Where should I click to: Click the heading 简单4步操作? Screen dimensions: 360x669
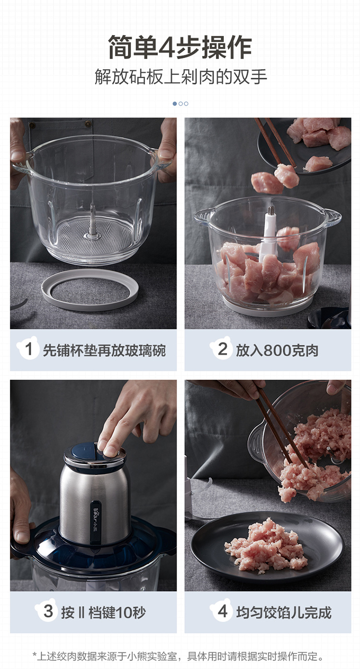click(x=180, y=47)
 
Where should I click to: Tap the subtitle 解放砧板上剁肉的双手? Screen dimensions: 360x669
click(x=180, y=76)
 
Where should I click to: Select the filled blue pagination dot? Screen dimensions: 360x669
click(x=175, y=104)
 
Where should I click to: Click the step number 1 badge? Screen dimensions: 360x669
click(x=28, y=348)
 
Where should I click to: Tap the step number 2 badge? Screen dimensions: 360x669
click(x=221, y=348)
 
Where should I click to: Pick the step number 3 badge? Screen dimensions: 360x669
click(x=47, y=610)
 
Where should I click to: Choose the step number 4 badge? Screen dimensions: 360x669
click(x=221, y=610)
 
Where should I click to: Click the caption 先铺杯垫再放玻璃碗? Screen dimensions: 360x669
click(x=104, y=350)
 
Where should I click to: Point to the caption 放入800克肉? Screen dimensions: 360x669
click(x=277, y=350)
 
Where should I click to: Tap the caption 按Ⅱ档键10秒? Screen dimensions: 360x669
click(x=103, y=612)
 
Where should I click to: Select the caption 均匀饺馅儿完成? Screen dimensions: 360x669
click(x=284, y=612)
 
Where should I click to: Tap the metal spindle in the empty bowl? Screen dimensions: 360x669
click(x=93, y=219)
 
